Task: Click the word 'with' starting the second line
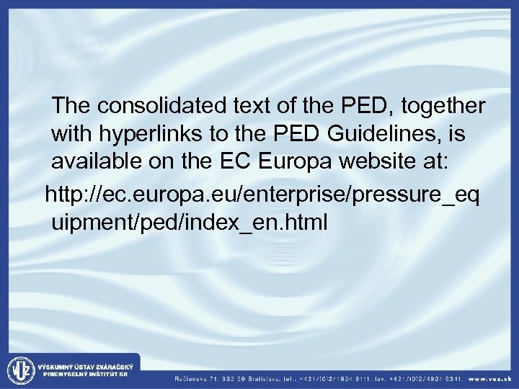pyautogui.click(x=69, y=133)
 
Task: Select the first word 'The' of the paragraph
pyautogui.click(x=71, y=107)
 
